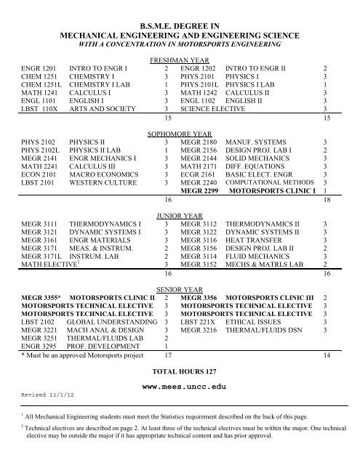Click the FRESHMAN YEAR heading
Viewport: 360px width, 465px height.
point(180,61)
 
